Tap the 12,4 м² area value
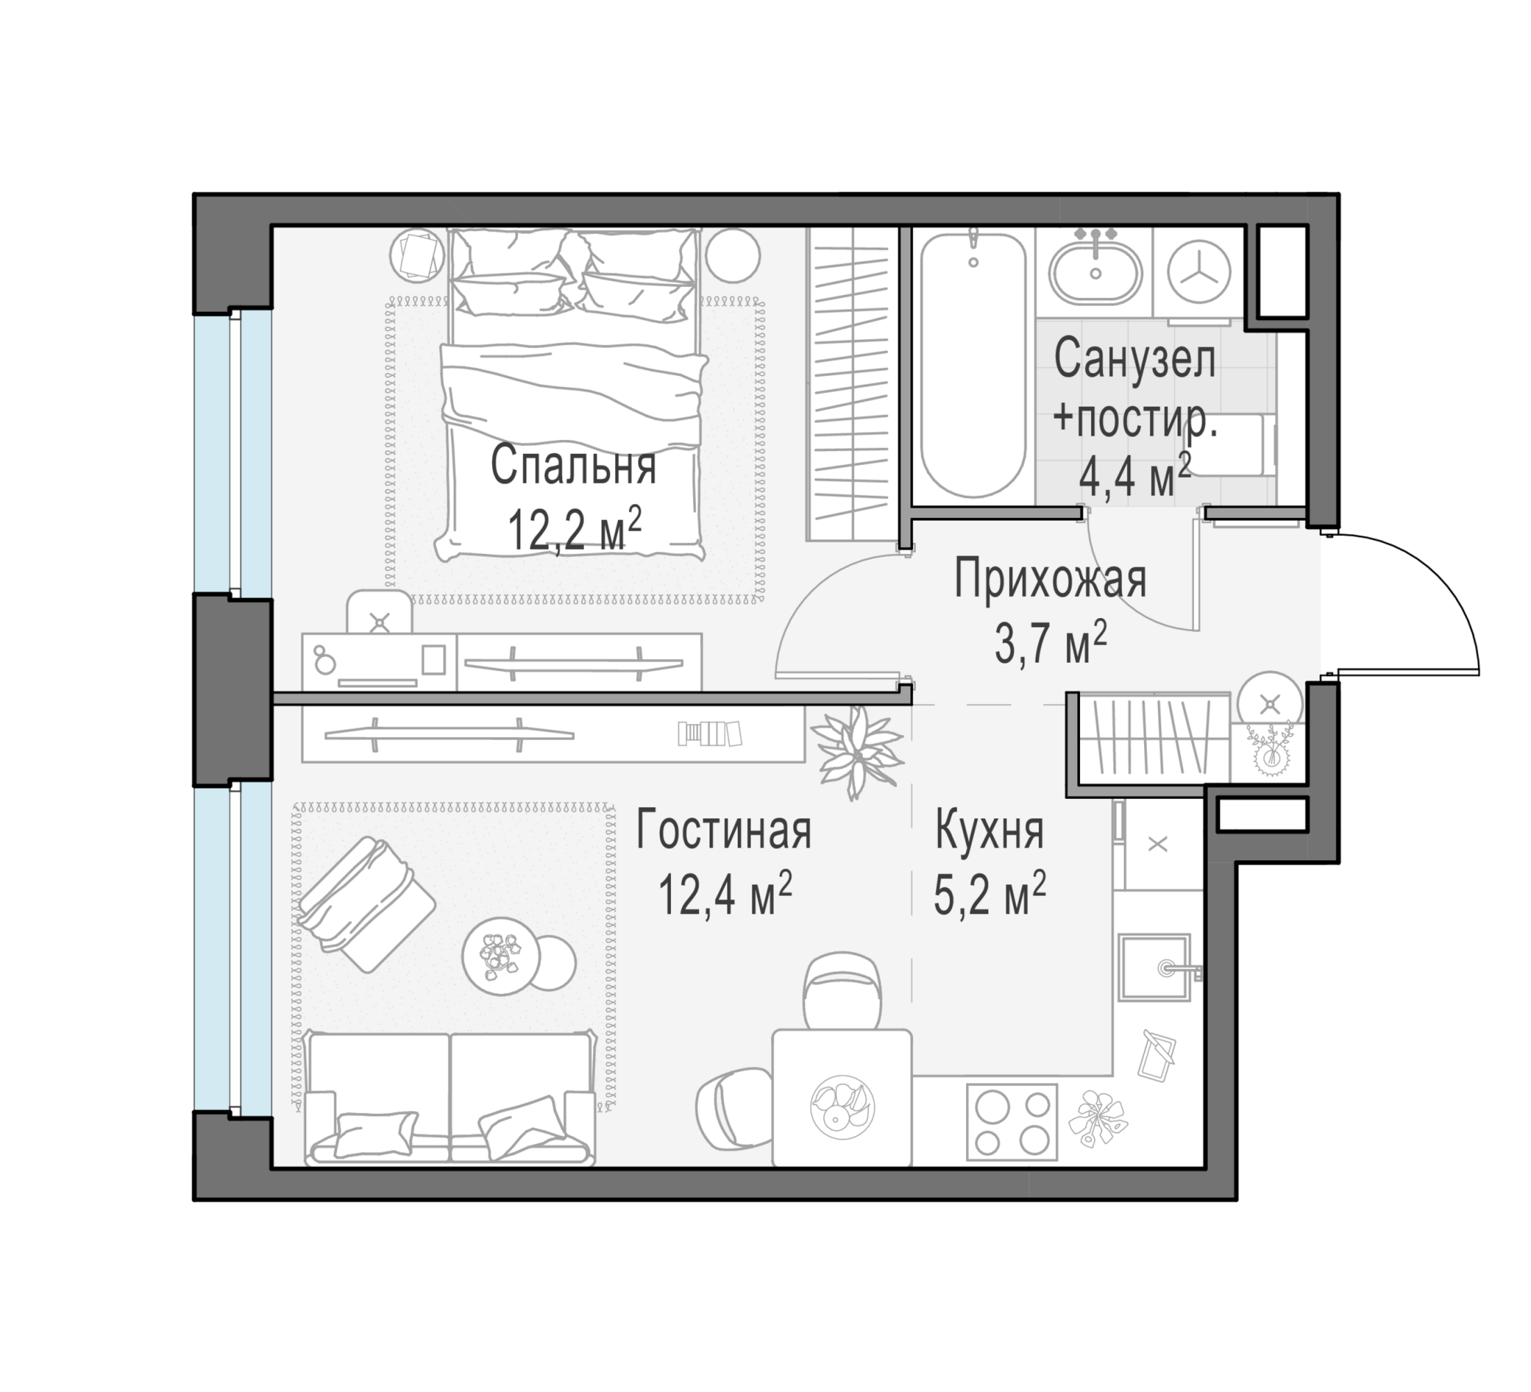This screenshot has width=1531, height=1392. tap(725, 893)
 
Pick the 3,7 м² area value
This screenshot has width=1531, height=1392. tap(1051, 642)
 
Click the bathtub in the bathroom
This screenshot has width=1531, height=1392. tap(973, 365)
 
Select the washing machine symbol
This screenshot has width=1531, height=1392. tap(1199, 272)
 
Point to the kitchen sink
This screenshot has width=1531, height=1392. tap(1155, 967)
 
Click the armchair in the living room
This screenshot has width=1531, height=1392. tap(366, 903)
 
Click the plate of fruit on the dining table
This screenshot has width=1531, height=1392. tap(842, 1106)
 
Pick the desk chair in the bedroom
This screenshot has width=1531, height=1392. tap(380, 613)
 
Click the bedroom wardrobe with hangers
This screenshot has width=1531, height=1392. tap(852, 383)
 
